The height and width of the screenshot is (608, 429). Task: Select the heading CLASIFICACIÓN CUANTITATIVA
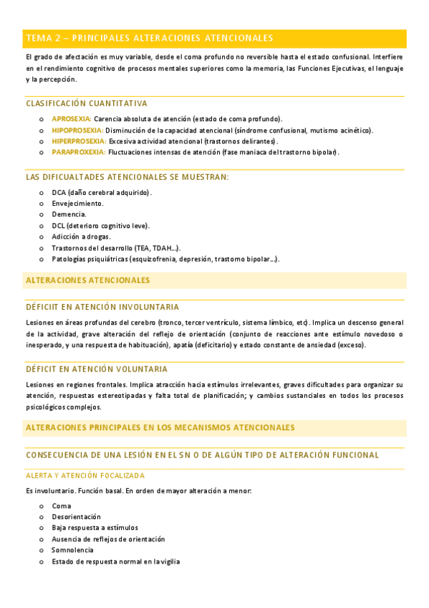click(86, 103)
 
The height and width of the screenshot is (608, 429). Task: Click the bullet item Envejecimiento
click(77, 204)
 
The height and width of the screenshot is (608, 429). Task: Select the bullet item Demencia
click(69, 214)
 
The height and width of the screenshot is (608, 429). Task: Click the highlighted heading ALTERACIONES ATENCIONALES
click(87, 280)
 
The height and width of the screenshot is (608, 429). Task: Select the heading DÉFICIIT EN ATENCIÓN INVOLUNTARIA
click(102, 307)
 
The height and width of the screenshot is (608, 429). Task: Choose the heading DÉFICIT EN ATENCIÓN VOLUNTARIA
click(97, 369)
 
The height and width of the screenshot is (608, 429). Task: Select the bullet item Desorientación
click(76, 516)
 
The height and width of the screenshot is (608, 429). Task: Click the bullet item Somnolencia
click(72, 550)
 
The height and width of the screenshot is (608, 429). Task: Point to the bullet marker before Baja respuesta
click(41, 528)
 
